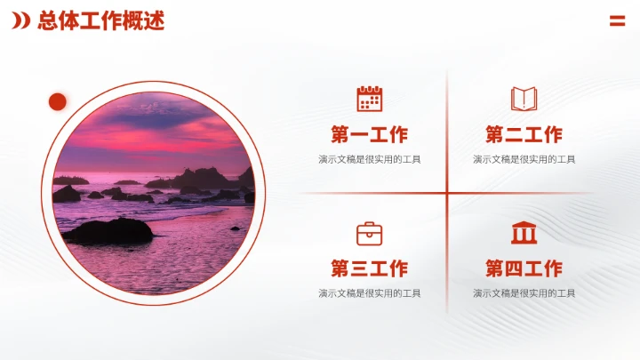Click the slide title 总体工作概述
point(100,21)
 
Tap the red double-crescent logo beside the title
point(21,21)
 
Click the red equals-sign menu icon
point(617,21)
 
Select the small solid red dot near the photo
point(58,102)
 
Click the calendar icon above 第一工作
point(369,99)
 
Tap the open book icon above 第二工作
point(524,99)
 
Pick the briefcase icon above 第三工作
point(369,234)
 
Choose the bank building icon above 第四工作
point(524,233)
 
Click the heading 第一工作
point(369,135)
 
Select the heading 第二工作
point(524,135)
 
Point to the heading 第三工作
point(369,268)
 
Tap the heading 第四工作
point(524,268)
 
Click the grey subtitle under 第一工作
point(369,160)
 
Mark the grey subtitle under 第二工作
point(524,160)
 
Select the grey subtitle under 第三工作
point(369,293)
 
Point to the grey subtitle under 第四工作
point(524,293)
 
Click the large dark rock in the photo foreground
point(108,232)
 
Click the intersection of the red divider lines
point(447,193)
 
